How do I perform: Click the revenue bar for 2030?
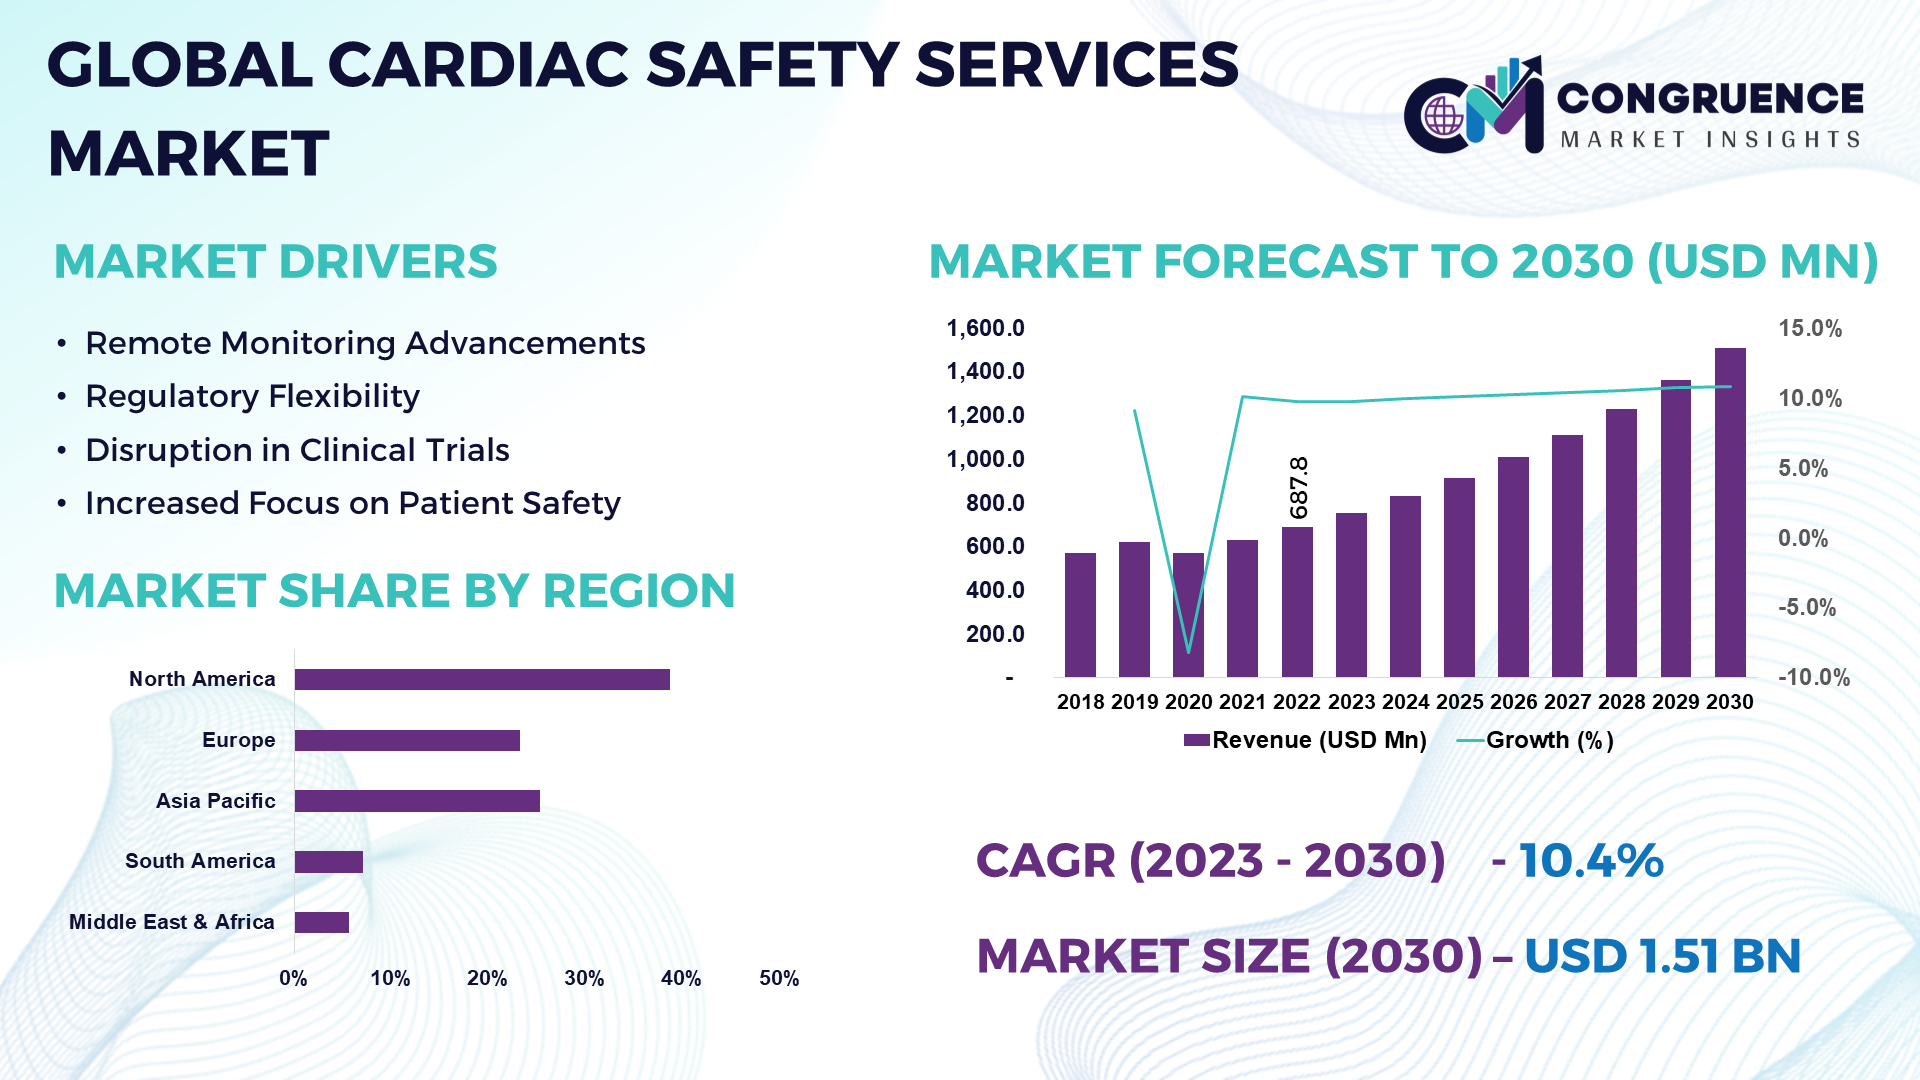point(1730,512)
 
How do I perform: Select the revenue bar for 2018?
point(1080,614)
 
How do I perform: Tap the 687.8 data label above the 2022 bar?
point(1298,488)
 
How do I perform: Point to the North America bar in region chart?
point(482,680)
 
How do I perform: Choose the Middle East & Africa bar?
point(322,922)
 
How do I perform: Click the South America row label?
point(200,861)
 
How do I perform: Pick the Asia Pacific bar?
point(417,801)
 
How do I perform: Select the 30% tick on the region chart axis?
point(584,978)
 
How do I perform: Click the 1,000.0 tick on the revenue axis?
point(985,459)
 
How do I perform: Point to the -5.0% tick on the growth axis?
point(1806,608)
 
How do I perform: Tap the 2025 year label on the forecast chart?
point(1459,702)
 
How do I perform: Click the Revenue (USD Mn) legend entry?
point(1305,740)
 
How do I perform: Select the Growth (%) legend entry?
point(1536,740)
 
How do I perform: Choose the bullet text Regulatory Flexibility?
point(252,397)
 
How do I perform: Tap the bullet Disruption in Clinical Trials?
point(297,450)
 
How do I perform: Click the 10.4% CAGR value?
point(1590,861)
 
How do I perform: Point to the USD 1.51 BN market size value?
point(1661,956)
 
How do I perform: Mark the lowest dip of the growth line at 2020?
point(1188,652)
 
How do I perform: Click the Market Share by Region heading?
point(394,591)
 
